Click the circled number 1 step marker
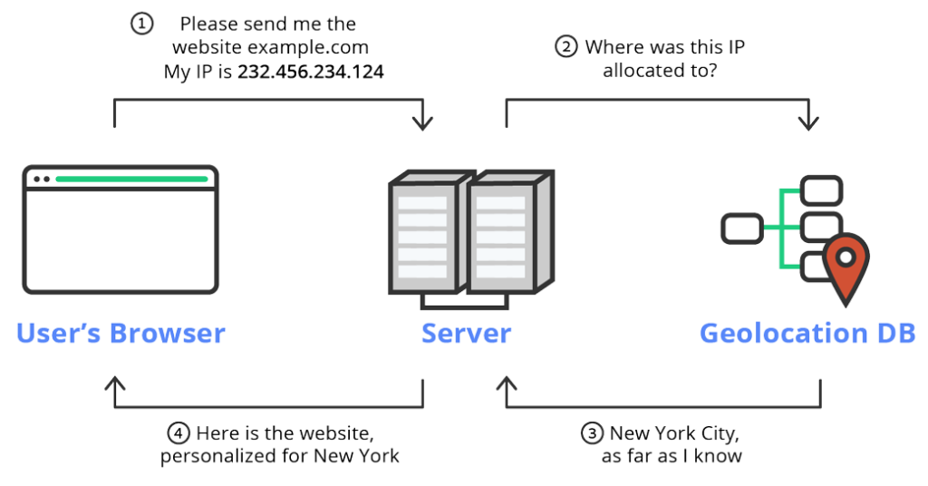[142, 24]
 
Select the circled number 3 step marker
[592, 433]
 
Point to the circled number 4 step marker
[179, 433]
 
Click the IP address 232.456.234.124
[311, 71]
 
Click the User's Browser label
[121, 333]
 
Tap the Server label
[466, 333]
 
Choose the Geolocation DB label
[807, 333]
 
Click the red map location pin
[845, 266]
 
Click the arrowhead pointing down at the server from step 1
[422, 123]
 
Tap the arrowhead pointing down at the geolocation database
[808, 123]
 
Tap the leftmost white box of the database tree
[741, 226]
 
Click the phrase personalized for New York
[280, 456]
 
